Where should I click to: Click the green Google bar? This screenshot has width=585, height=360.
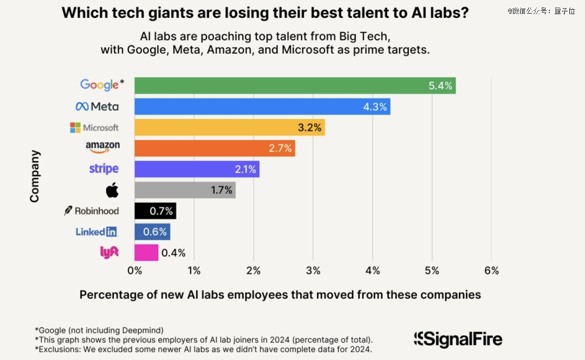(x=295, y=86)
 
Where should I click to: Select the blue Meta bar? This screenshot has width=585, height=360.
(x=262, y=107)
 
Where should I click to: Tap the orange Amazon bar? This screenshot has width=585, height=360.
(x=214, y=148)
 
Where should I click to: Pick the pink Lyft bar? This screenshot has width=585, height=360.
(x=146, y=252)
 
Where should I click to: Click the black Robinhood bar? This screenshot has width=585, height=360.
(x=155, y=211)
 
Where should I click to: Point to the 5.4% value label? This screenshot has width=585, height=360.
(x=440, y=86)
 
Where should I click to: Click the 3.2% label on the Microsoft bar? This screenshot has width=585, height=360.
(x=309, y=128)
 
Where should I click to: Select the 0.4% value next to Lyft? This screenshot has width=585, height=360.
(x=173, y=252)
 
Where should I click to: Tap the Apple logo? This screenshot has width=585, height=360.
(x=112, y=190)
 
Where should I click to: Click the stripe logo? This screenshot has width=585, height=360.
(x=103, y=169)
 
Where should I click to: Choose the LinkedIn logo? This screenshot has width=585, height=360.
(x=96, y=232)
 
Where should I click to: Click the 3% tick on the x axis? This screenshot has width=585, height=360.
(x=313, y=270)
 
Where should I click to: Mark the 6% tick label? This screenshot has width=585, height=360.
(x=491, y=270)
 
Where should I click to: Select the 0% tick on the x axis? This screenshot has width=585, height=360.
(x=134, y=270)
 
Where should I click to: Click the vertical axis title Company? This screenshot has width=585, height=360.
(x=35, y=176)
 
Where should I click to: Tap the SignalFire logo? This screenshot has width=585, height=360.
(x=458, y=339)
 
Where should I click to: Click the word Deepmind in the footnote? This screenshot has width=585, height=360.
(x=144, y=330)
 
